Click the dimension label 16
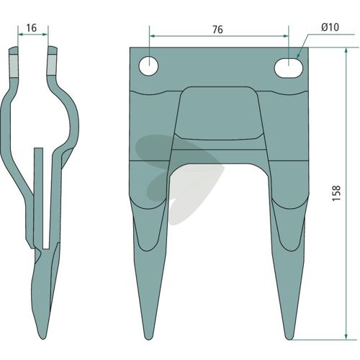pos(32,28)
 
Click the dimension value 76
pos(217,30)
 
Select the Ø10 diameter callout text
pos(330,27)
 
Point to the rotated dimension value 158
pos(336,193)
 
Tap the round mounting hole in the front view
pos(148,66)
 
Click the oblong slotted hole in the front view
pos(289,68)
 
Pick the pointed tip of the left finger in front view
pos(148,339)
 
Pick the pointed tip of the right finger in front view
pos(289,339)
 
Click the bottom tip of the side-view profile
pos(42,338)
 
